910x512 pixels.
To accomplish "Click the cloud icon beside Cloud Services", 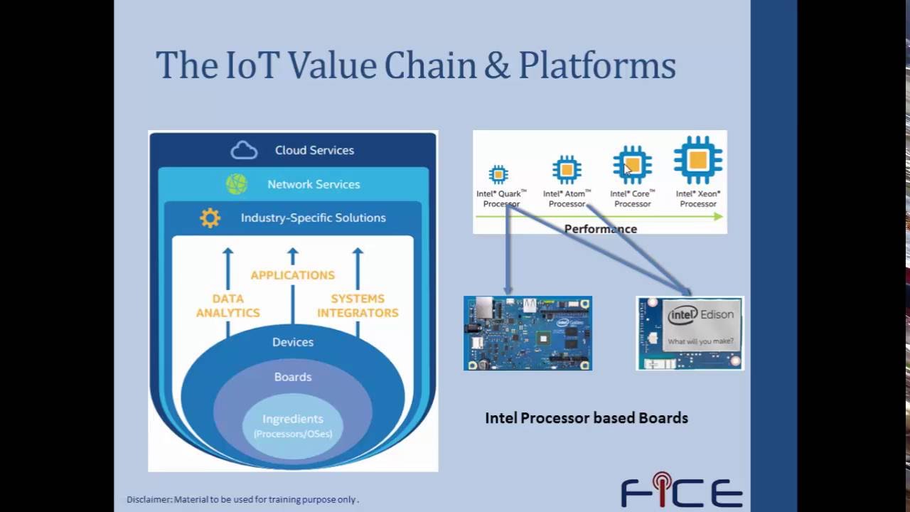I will pyautogui.click(x=244, y=150).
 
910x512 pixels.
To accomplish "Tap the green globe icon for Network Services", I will pyautogui.click(x=237, y=184).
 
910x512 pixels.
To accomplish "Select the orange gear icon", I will pyautogui.click(x=210, y=218).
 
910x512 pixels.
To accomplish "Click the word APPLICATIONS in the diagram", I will pyautogui.click(x=292, y=275).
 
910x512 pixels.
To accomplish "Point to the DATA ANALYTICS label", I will pyautogui.click(x=228, y=306).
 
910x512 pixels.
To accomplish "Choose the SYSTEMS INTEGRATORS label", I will pyautogui.click(x=358, y=306).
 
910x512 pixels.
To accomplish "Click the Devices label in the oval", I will pyautogui.click(x=293, y=342).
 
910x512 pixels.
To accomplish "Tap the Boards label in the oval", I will pyautogui.click(x=293, y=377).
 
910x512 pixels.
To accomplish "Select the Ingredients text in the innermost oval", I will pyautogui.click(x=293, y=420).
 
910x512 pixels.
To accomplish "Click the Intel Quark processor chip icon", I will pyautogui.click(x=498, y=174).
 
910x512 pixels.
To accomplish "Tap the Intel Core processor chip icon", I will pyautogui.click(x=632, y=166).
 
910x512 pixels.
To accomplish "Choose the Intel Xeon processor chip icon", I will pyautogui.click(x=697, y=161).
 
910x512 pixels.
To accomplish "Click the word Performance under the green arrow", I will pyautogui.click(x=600, y=229).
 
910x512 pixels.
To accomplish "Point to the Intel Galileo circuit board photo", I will pyautogui.click(x=528, y=333).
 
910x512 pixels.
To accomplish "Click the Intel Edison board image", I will pyautogui.click(x=690, y=333).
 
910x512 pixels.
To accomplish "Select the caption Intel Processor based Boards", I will pyautogui.click(x=587, y=418).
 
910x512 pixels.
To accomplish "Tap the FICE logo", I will pyautogui.click(x=681, y=491).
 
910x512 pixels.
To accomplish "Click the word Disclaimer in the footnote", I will pyautogui.click(x=149, y=499).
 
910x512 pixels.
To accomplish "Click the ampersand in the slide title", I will pyautogui.click(x=492, y=65).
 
